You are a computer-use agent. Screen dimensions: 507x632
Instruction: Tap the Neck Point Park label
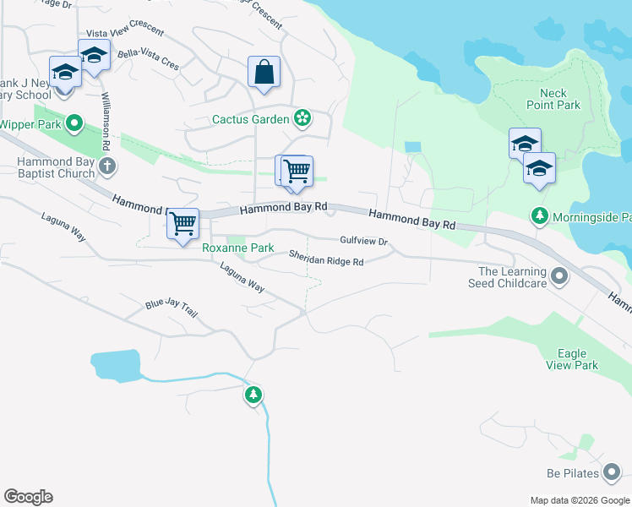553,99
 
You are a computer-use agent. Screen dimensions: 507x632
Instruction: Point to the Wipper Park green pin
74,124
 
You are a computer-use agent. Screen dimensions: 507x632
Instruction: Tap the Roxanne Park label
237,248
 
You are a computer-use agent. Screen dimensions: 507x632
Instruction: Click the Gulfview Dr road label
363,241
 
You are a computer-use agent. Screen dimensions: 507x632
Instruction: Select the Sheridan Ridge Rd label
326,258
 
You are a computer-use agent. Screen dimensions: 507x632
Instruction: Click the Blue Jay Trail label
171,309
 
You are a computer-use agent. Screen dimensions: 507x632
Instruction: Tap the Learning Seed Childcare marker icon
558,276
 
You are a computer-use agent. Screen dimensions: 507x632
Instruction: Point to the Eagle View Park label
578,359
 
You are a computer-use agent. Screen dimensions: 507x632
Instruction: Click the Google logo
28,497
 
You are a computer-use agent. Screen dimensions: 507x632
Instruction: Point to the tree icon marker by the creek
253,395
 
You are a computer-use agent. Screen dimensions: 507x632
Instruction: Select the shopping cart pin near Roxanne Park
183,224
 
